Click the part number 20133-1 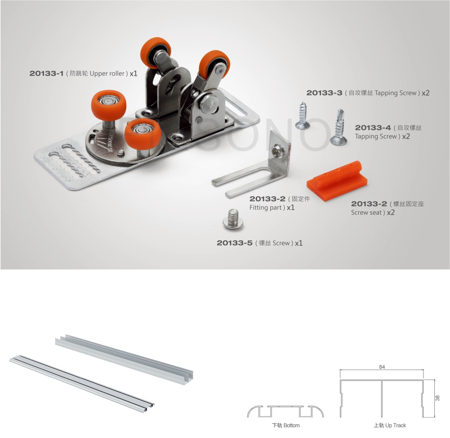point(46,73)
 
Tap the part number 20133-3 point(324,93)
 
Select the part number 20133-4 point(373,128)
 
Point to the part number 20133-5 point(235,243)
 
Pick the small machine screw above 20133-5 point(233,219)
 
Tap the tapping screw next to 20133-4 point(339,127)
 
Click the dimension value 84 point(382,367)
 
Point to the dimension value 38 point(437,398)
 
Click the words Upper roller point(107,73)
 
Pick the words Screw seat point(366,212)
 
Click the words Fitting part point(266,208)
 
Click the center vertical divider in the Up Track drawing point(382,399)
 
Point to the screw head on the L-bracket point(276,151)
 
